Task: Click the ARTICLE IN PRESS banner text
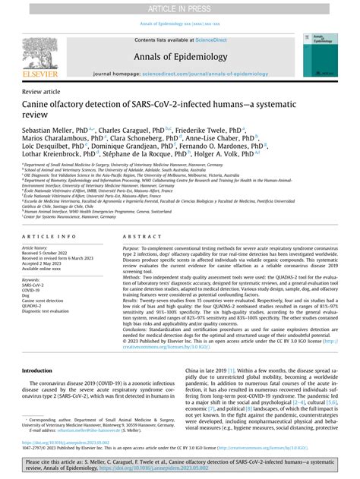click(180, 7)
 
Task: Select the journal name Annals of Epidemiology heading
click(180, 56)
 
